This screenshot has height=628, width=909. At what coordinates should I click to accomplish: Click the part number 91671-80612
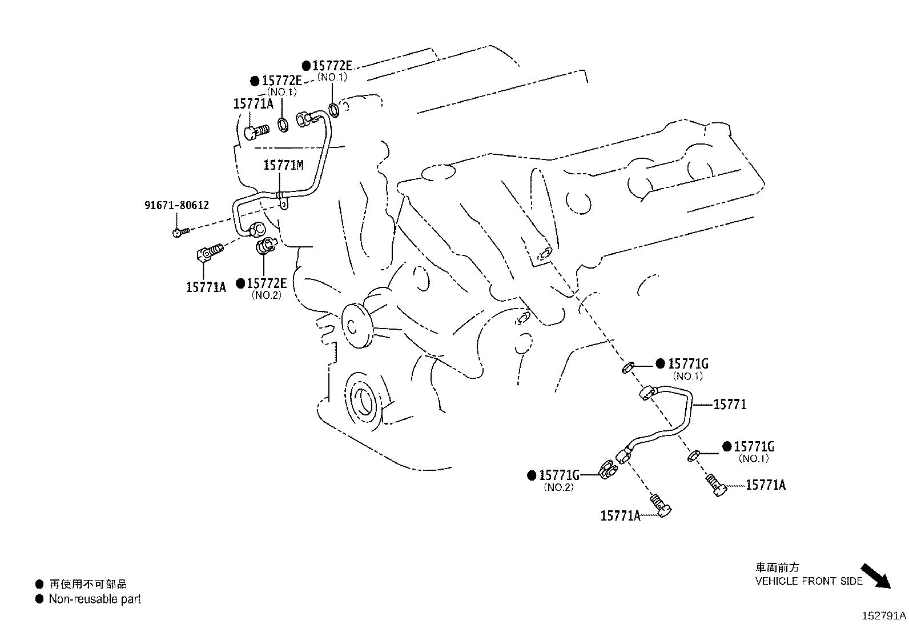[176, 205]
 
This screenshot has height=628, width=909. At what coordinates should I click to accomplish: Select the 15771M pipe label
[283, 165]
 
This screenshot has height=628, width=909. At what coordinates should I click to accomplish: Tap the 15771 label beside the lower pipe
[730, 405]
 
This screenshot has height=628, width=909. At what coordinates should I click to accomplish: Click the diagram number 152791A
[883, 616]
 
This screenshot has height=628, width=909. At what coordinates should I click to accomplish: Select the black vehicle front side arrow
[875, 576]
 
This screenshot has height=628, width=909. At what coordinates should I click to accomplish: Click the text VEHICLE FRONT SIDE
[809, 581]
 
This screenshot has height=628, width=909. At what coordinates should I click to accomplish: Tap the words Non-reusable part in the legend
[95, 599]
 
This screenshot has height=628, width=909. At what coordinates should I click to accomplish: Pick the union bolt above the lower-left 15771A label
[210, 253]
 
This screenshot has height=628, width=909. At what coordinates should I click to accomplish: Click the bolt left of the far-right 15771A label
[715, 484]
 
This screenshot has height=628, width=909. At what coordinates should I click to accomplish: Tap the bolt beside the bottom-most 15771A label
[662, 505]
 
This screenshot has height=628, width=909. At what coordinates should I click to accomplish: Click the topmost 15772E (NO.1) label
[332, 65]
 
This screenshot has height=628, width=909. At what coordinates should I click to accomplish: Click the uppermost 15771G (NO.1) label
[688, 364]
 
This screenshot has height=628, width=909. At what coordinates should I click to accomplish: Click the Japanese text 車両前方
[777, 567]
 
